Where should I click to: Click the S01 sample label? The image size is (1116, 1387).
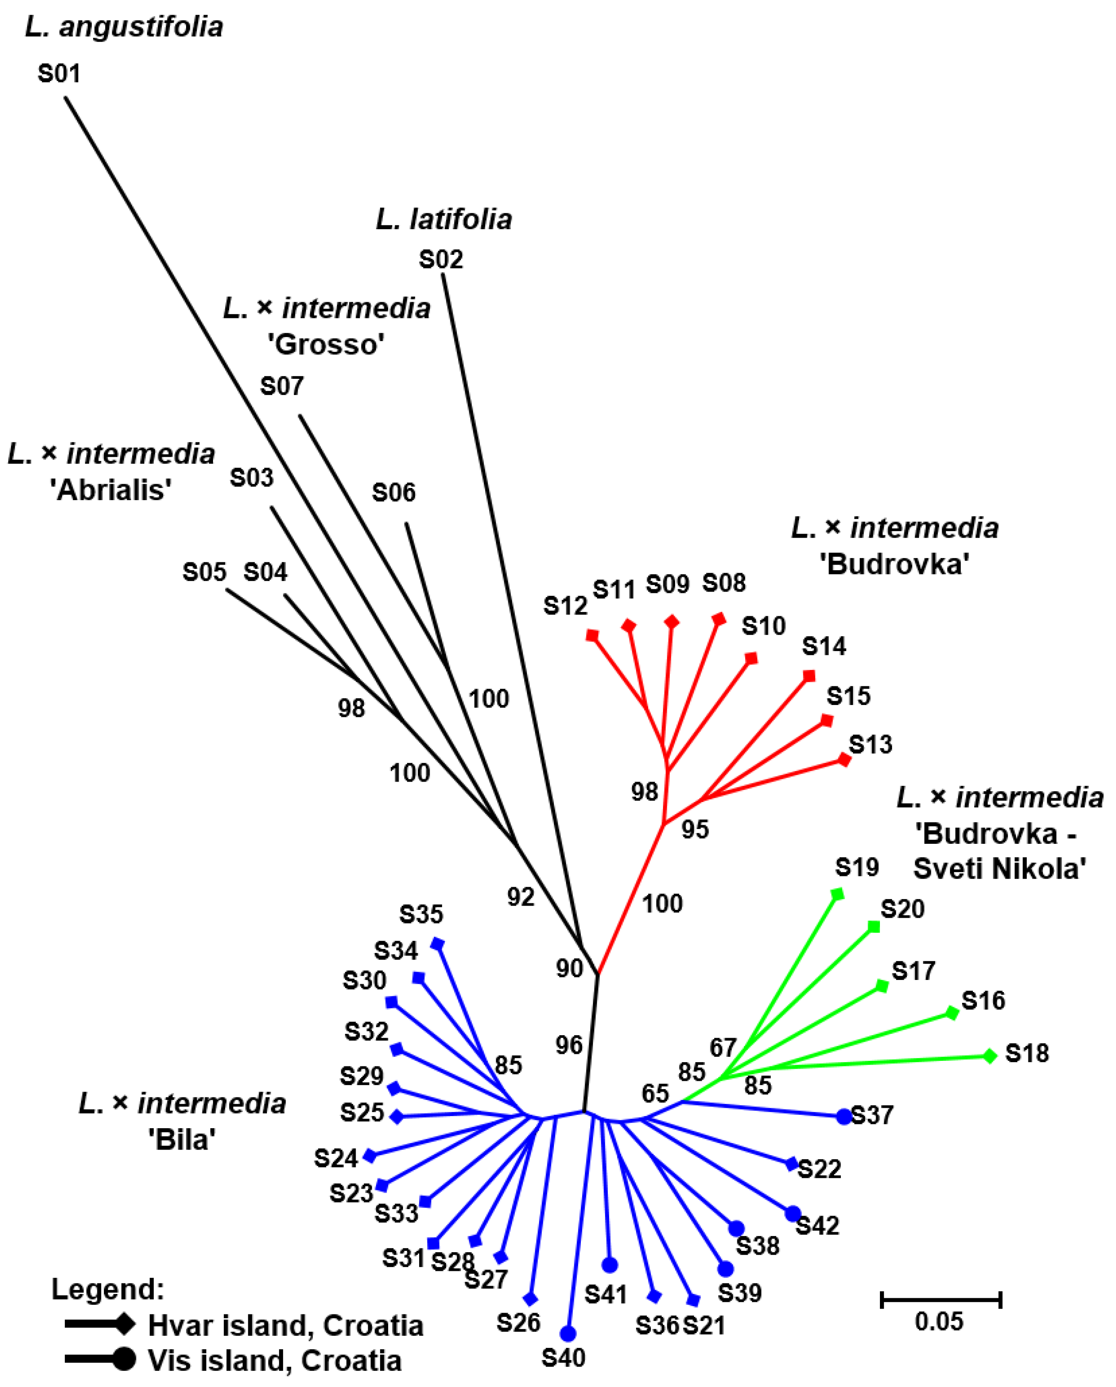click(x=59, y=74)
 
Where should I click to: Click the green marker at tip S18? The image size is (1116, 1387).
click(x=990, y=1056)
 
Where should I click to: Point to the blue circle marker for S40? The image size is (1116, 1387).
click(x=567, y=1333)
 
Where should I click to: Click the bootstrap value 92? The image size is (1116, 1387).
click(x=520, y=897)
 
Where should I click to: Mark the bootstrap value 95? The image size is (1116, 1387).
click(x=695, y=830)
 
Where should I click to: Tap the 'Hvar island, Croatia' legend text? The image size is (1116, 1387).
click(x=286, y=1325)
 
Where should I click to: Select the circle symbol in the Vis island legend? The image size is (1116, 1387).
click(x=124, y=1359)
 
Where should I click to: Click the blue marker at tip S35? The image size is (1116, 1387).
click(x=437, y=944)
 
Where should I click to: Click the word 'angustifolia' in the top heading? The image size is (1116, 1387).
click(x=141, y=27)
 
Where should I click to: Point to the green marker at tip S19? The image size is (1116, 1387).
click(x=837, y=894)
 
